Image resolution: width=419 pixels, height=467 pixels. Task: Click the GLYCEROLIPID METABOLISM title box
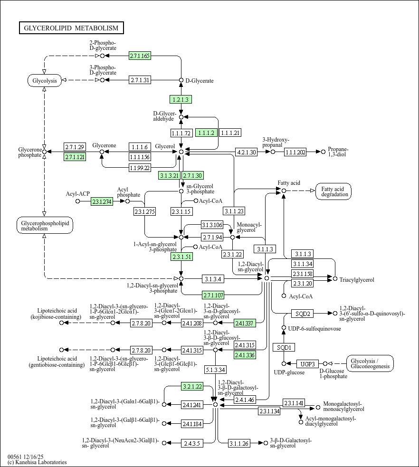[71, 28]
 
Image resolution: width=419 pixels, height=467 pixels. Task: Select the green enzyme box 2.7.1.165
[140, 56]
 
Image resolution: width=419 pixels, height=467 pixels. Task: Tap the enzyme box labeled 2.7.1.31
[140, 80]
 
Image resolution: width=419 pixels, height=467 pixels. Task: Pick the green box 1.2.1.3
[181, 99]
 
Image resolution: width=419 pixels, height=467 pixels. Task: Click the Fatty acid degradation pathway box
[333, 191]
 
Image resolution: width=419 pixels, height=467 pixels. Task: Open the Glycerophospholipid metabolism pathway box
[45, 226]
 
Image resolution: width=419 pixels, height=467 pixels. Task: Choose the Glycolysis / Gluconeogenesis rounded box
[370, 363]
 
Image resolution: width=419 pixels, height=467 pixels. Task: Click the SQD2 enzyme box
[303, 314]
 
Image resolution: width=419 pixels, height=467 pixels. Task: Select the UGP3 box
[308, 364]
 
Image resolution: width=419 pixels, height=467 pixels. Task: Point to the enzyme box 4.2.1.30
[246, 152]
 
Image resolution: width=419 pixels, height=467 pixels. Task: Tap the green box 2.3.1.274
[102, 201]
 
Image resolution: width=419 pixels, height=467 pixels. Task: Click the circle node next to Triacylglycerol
[335, 279]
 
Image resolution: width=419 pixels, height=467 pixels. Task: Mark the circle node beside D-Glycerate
[181, 80]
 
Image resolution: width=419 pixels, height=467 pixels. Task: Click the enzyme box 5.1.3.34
[216, 370]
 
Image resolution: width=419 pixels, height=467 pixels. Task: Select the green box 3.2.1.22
[192, 387]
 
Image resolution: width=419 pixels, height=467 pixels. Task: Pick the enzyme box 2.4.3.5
[192, 443]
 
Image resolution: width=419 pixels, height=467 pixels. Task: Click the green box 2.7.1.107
[213, 295]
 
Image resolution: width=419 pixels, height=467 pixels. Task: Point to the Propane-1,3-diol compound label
[338, 152]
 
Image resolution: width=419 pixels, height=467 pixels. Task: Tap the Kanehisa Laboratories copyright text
[37, 462]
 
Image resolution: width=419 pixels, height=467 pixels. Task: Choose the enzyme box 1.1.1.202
[295, 152]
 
